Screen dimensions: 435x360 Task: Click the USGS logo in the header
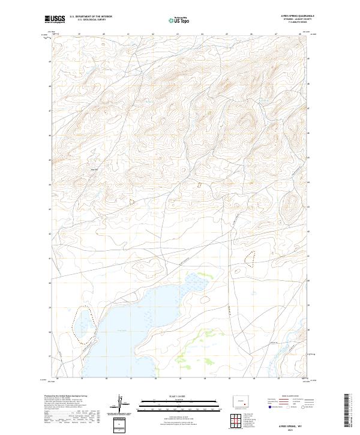click(x=55, y=19)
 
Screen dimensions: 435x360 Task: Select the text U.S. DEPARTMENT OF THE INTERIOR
click(x=91, y=17)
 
